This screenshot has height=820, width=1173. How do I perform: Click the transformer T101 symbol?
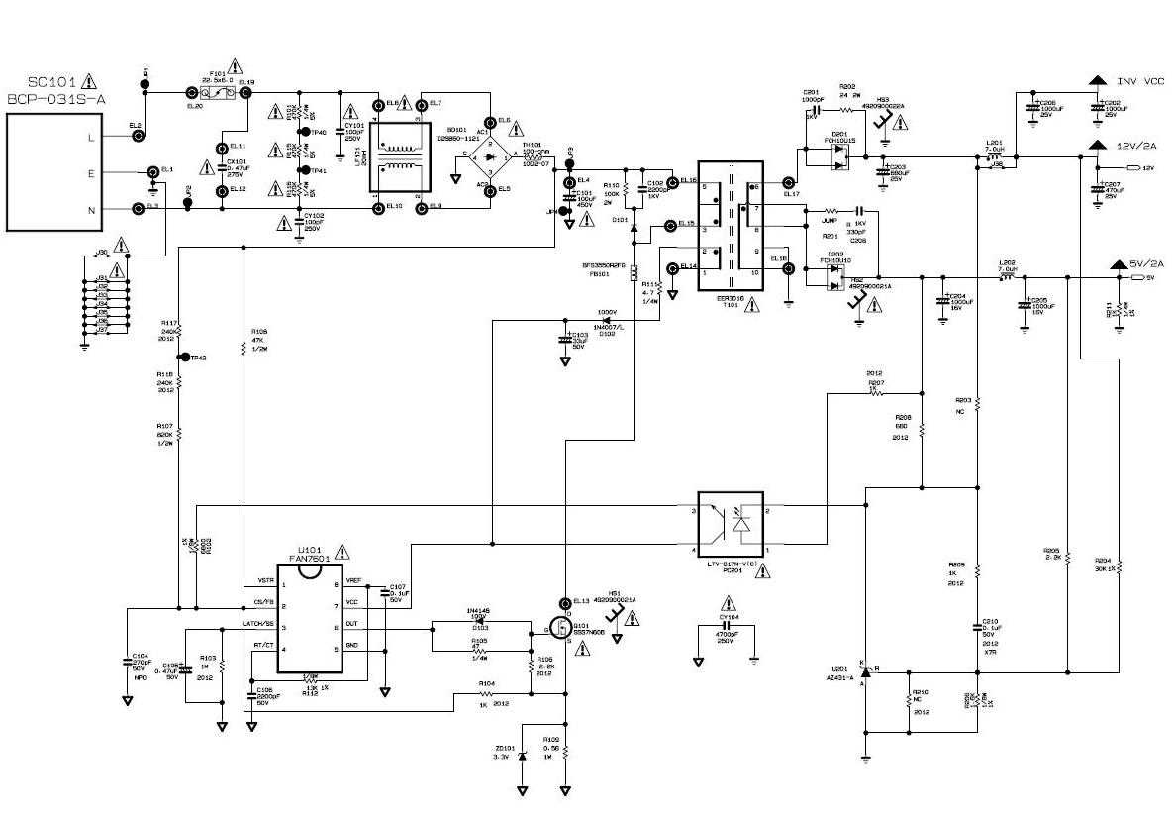click(731, 227)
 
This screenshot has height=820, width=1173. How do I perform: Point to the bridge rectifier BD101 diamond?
click(490, 155)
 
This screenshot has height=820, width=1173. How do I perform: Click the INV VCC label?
click(1140, 81)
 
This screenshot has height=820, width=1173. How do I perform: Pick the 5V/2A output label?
click(1144, 264)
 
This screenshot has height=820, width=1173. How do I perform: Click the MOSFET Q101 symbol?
click(560, 627)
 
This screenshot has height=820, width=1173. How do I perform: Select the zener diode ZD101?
click(522, 756)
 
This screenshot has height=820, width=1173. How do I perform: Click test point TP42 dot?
click(182, 357)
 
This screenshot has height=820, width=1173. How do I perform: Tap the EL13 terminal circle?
click(565, 601)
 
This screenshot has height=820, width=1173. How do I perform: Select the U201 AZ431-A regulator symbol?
click(866, 670)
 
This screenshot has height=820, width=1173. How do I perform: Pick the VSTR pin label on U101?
click(266, 580)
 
